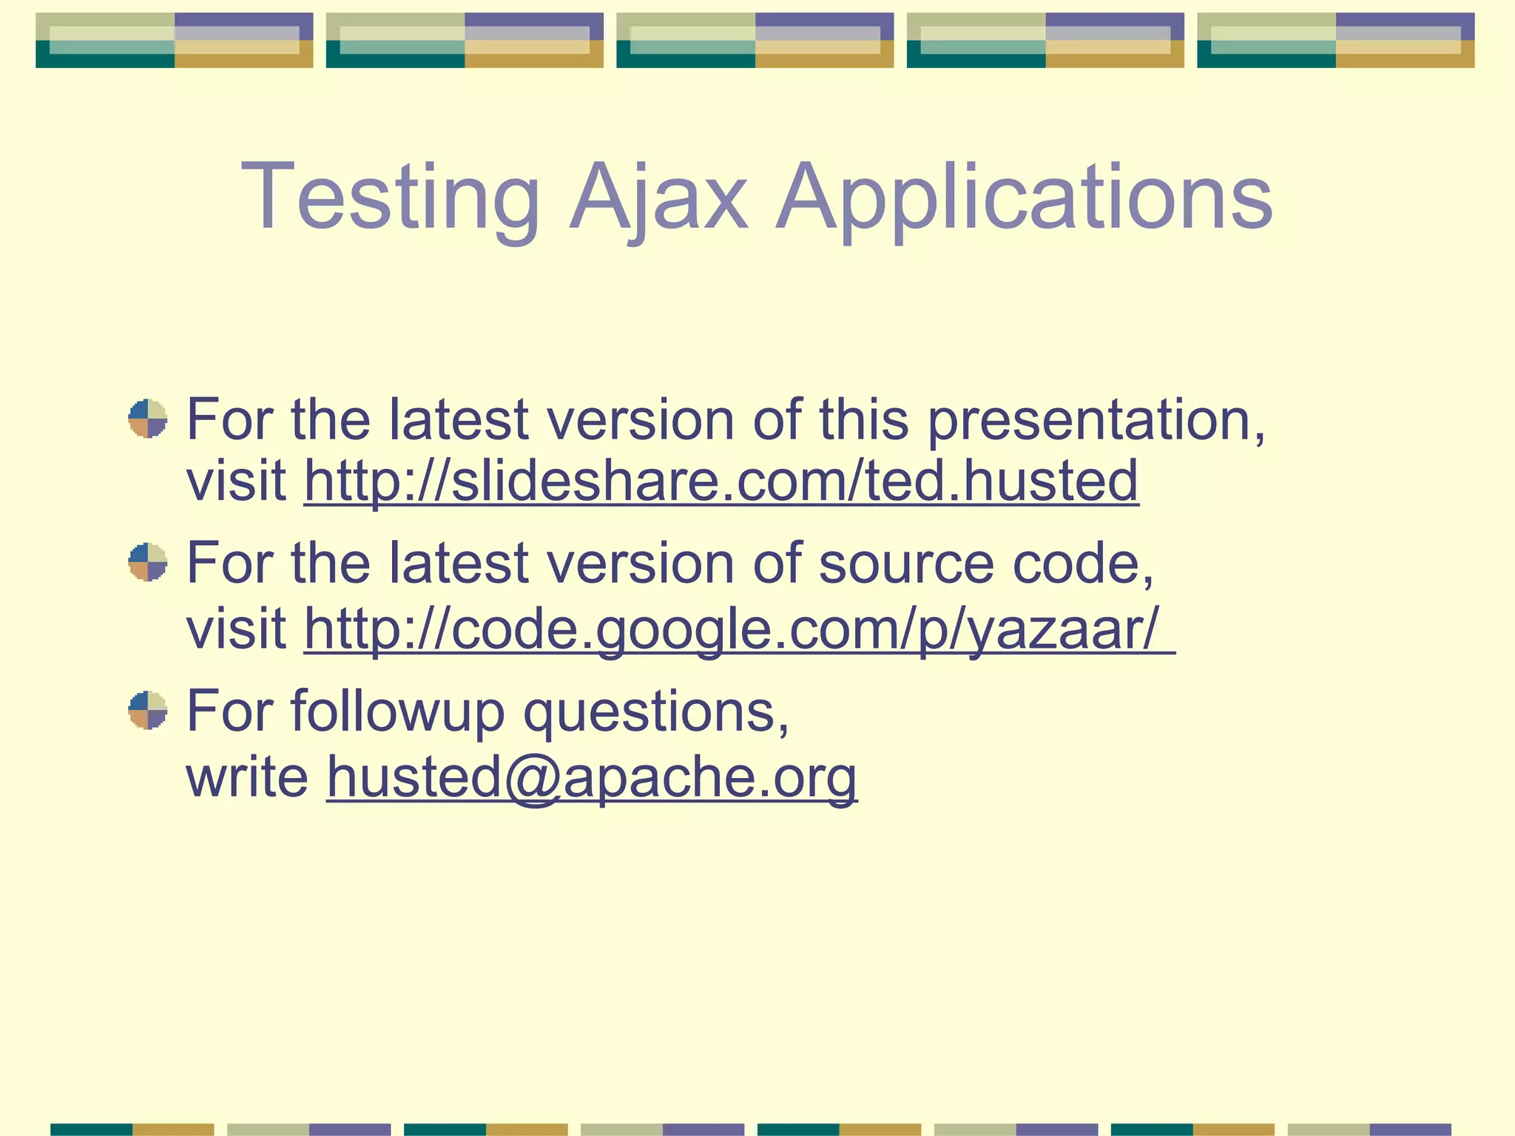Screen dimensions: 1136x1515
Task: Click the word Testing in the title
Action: pyautogui.click(x=390, y=198)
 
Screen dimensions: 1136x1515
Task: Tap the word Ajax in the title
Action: pyautogui.click(x=658, y=198)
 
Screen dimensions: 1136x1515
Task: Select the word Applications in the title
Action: pyautogui.click(x=1025, y=198)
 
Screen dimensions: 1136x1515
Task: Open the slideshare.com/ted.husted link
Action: pyautogui.click(x=721, y=481)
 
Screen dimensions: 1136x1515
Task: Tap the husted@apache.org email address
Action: pyautogui.click(x=592, y=777)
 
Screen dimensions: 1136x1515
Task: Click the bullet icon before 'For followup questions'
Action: pyautogui.click(x=148, y=710)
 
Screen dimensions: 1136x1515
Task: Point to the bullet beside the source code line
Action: pyautogui.click(x=148, y=562)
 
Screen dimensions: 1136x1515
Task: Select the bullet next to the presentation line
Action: pyautogui.click(x=148, y=419)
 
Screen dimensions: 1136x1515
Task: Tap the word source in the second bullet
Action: pyautogui.click(x=906, y=564)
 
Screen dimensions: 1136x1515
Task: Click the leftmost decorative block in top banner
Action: pyautogui.click(x=175, y=40)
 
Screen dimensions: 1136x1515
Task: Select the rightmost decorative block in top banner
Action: pyautogui.click(x=1335, y=40)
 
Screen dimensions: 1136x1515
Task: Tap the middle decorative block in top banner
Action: pyautogui.click(x=755, y=40)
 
